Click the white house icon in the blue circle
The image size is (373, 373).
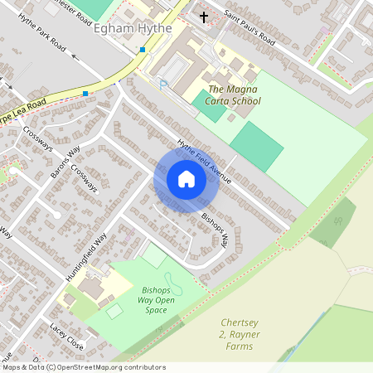tap(186, 179)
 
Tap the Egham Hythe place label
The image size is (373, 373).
tap(133, 28)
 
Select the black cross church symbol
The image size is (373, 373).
tap(204, 16)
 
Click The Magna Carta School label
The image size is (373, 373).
tap(234, 94)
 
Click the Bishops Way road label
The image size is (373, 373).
tap(215, 230)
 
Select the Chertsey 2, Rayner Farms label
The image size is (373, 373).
tap(240, 333)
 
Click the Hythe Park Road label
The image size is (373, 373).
tap(41, 45)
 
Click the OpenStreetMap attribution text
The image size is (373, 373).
tap(83, 367)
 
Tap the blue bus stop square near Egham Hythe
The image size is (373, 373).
tap(143, 50)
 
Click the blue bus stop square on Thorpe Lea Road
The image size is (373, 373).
tap(85, 94)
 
